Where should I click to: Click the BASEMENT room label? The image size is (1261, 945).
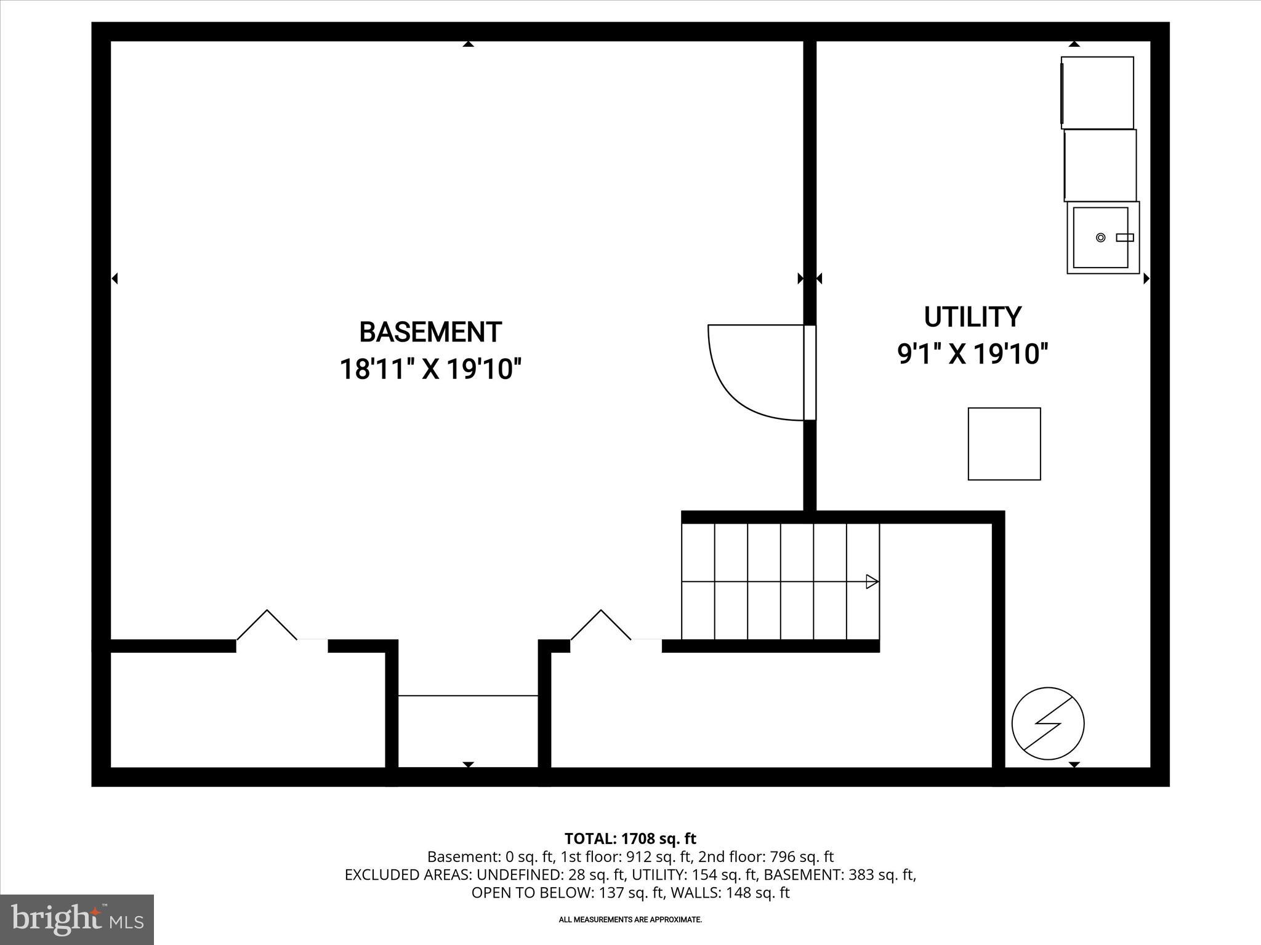[x=430, y=332]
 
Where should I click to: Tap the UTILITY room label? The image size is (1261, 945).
[x=972, y=317]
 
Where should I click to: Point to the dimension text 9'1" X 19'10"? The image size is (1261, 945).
[x=972, y=354]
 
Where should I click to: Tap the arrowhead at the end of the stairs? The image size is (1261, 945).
[x=872, y=581]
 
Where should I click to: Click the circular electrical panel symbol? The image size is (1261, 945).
[x=1048, y=724]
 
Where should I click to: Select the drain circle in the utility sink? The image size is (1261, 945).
[x=1100, y=237]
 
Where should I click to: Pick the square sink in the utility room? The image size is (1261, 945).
[x=1102, y=237]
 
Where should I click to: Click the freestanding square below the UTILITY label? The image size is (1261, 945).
[x=1004, y=444]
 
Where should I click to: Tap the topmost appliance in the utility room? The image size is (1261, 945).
[x=1097, y=93]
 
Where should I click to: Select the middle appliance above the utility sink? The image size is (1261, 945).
[x=1100, y=165]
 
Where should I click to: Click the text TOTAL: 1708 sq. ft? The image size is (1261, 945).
[x=630, y=839]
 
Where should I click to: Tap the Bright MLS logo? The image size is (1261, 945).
[x=77, y=920]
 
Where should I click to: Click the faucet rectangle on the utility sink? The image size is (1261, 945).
[x=1125, y=237]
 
